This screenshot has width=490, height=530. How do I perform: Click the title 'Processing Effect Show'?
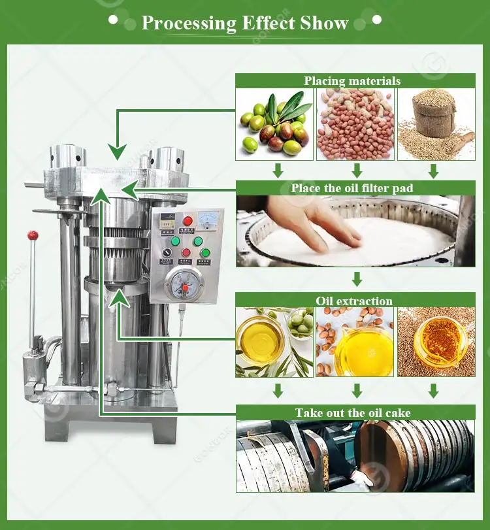245,23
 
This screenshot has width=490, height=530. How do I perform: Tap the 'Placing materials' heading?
352,81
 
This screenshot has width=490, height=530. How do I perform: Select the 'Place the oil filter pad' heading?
352,188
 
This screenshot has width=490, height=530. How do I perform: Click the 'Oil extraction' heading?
354,301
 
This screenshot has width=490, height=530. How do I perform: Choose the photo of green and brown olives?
274,124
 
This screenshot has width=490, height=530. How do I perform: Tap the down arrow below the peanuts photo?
357,171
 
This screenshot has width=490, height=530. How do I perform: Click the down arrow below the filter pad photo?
357,279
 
